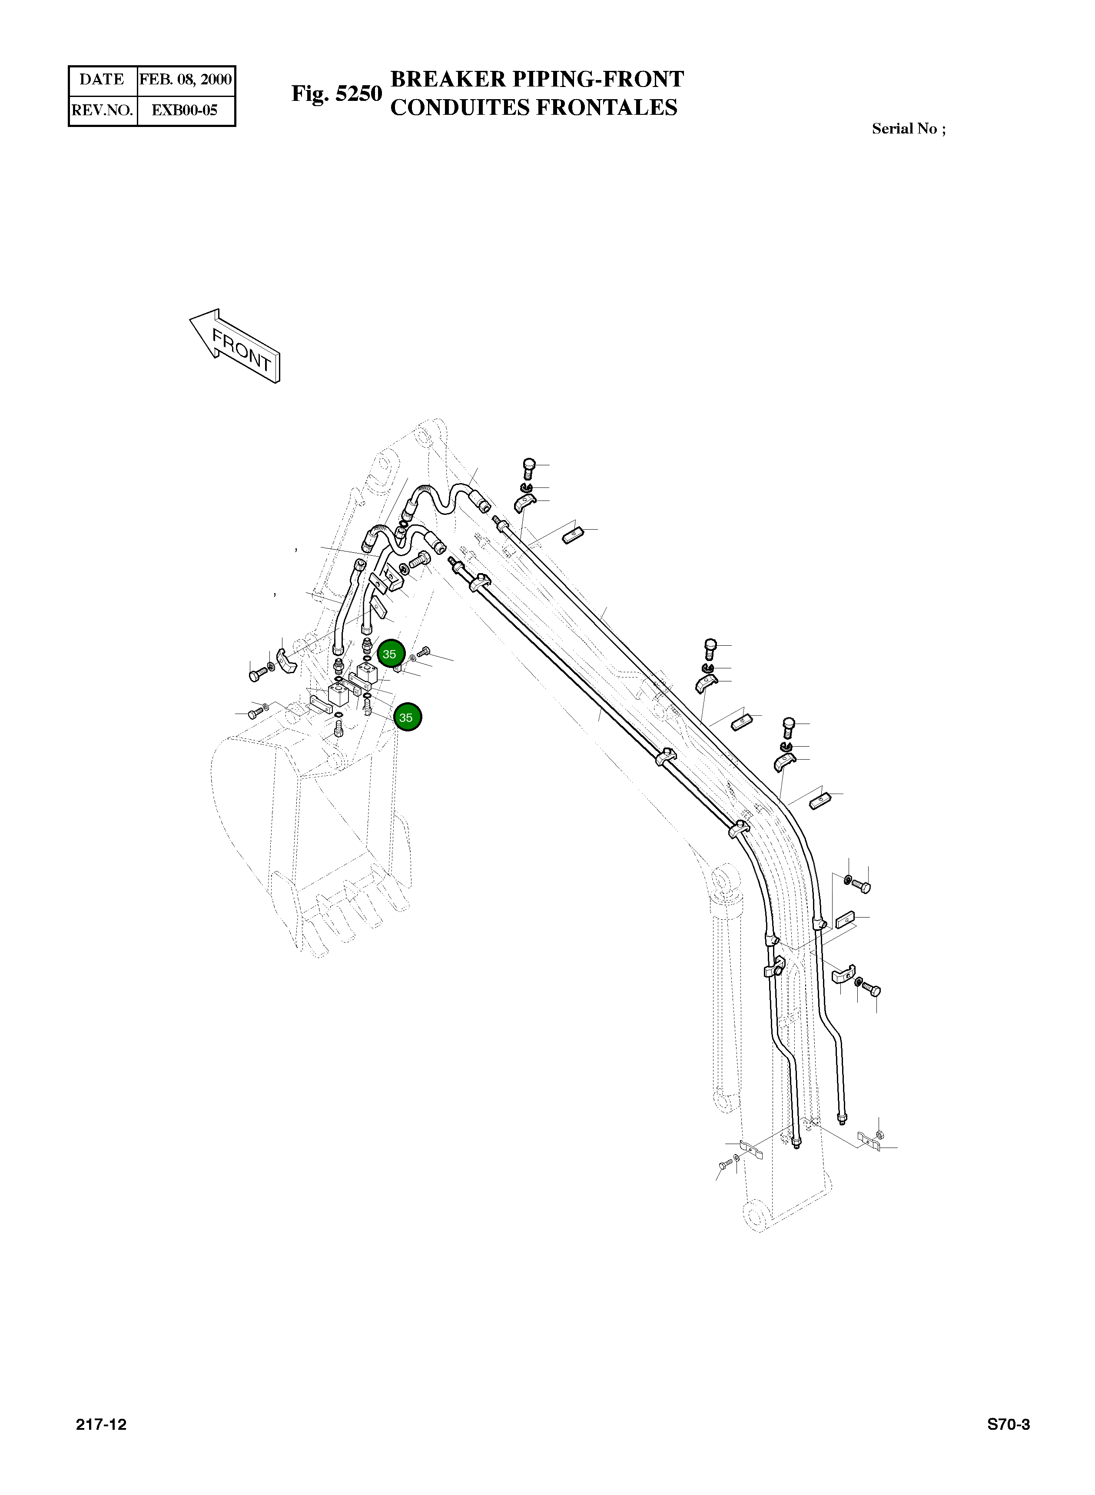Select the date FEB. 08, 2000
tap(186, 80)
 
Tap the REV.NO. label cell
tap(102, 110)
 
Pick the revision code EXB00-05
tap(185, 110)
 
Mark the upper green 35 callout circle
tap(390, 654)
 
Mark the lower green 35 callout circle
tap(407, 717)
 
